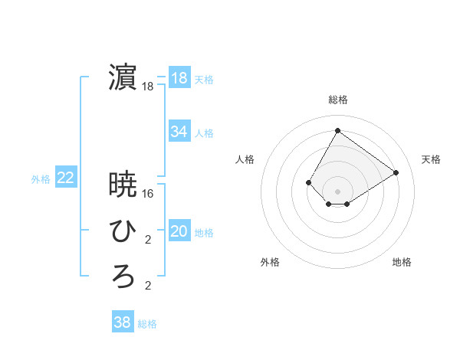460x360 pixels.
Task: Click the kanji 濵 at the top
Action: coord(123,78)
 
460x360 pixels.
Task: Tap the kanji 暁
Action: coord(123,184)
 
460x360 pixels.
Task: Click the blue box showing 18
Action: coord(179,78)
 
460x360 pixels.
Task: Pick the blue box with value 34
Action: coord(179,132)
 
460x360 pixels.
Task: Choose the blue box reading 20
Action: coord(179,231)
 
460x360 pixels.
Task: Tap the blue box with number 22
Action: coord(66,178)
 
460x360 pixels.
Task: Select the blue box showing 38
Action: coord(123,322)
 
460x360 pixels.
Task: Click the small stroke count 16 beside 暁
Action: coord(148,194)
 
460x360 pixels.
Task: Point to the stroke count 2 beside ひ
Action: coord(148,241)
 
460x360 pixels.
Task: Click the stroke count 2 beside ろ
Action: coord(148,286)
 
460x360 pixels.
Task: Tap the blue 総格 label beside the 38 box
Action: coord(147,324)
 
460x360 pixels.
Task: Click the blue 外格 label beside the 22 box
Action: coord(41,179)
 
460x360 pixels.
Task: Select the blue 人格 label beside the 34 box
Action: coord(204,133)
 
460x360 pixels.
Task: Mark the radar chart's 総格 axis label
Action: coord(337,100)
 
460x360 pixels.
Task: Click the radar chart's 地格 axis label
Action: coord(402,262)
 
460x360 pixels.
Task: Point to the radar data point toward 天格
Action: coord(396,172)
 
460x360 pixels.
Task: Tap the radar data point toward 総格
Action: coord(337,130)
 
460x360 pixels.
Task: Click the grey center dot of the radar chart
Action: coord(337,191)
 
